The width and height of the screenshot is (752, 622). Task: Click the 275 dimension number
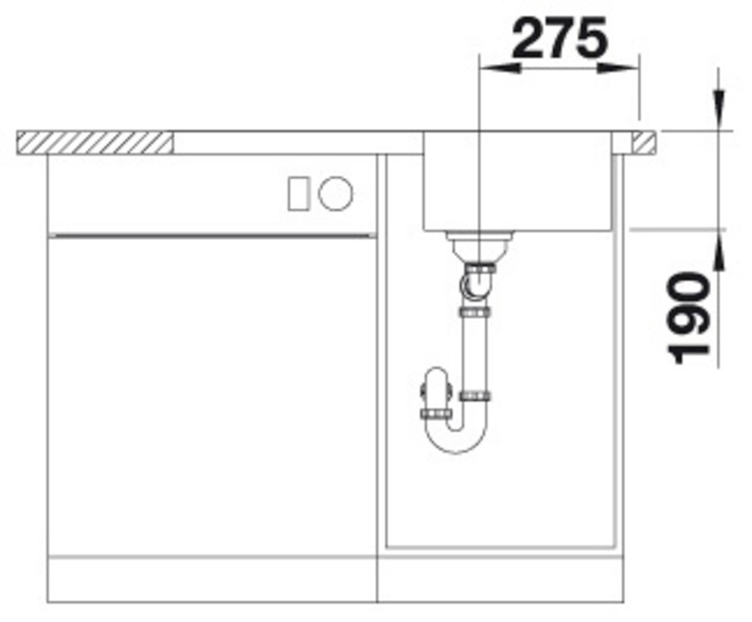[x=560, y=38]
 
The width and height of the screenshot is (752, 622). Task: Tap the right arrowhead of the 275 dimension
[x=618, y=68]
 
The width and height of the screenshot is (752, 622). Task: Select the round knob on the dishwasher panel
[x=336, y=193]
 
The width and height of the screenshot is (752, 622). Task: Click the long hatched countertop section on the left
[x=94, y=143]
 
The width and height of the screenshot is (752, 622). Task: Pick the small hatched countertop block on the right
[x=643, y=143]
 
